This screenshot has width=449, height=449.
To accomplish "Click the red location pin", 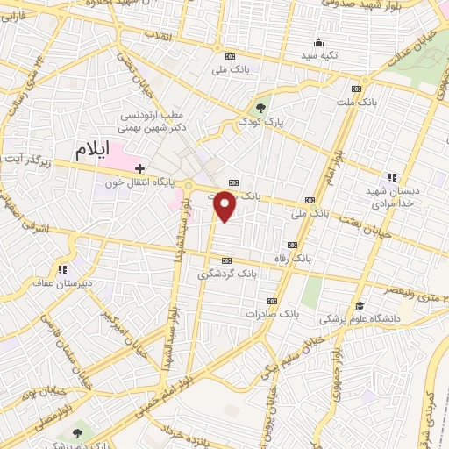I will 225,207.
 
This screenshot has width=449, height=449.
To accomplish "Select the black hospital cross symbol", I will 139,167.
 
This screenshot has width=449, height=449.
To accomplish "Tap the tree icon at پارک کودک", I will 260,108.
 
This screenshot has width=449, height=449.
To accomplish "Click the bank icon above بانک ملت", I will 356,88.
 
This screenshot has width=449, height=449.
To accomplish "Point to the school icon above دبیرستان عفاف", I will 62,269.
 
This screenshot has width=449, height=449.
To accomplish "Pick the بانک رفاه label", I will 291,259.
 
